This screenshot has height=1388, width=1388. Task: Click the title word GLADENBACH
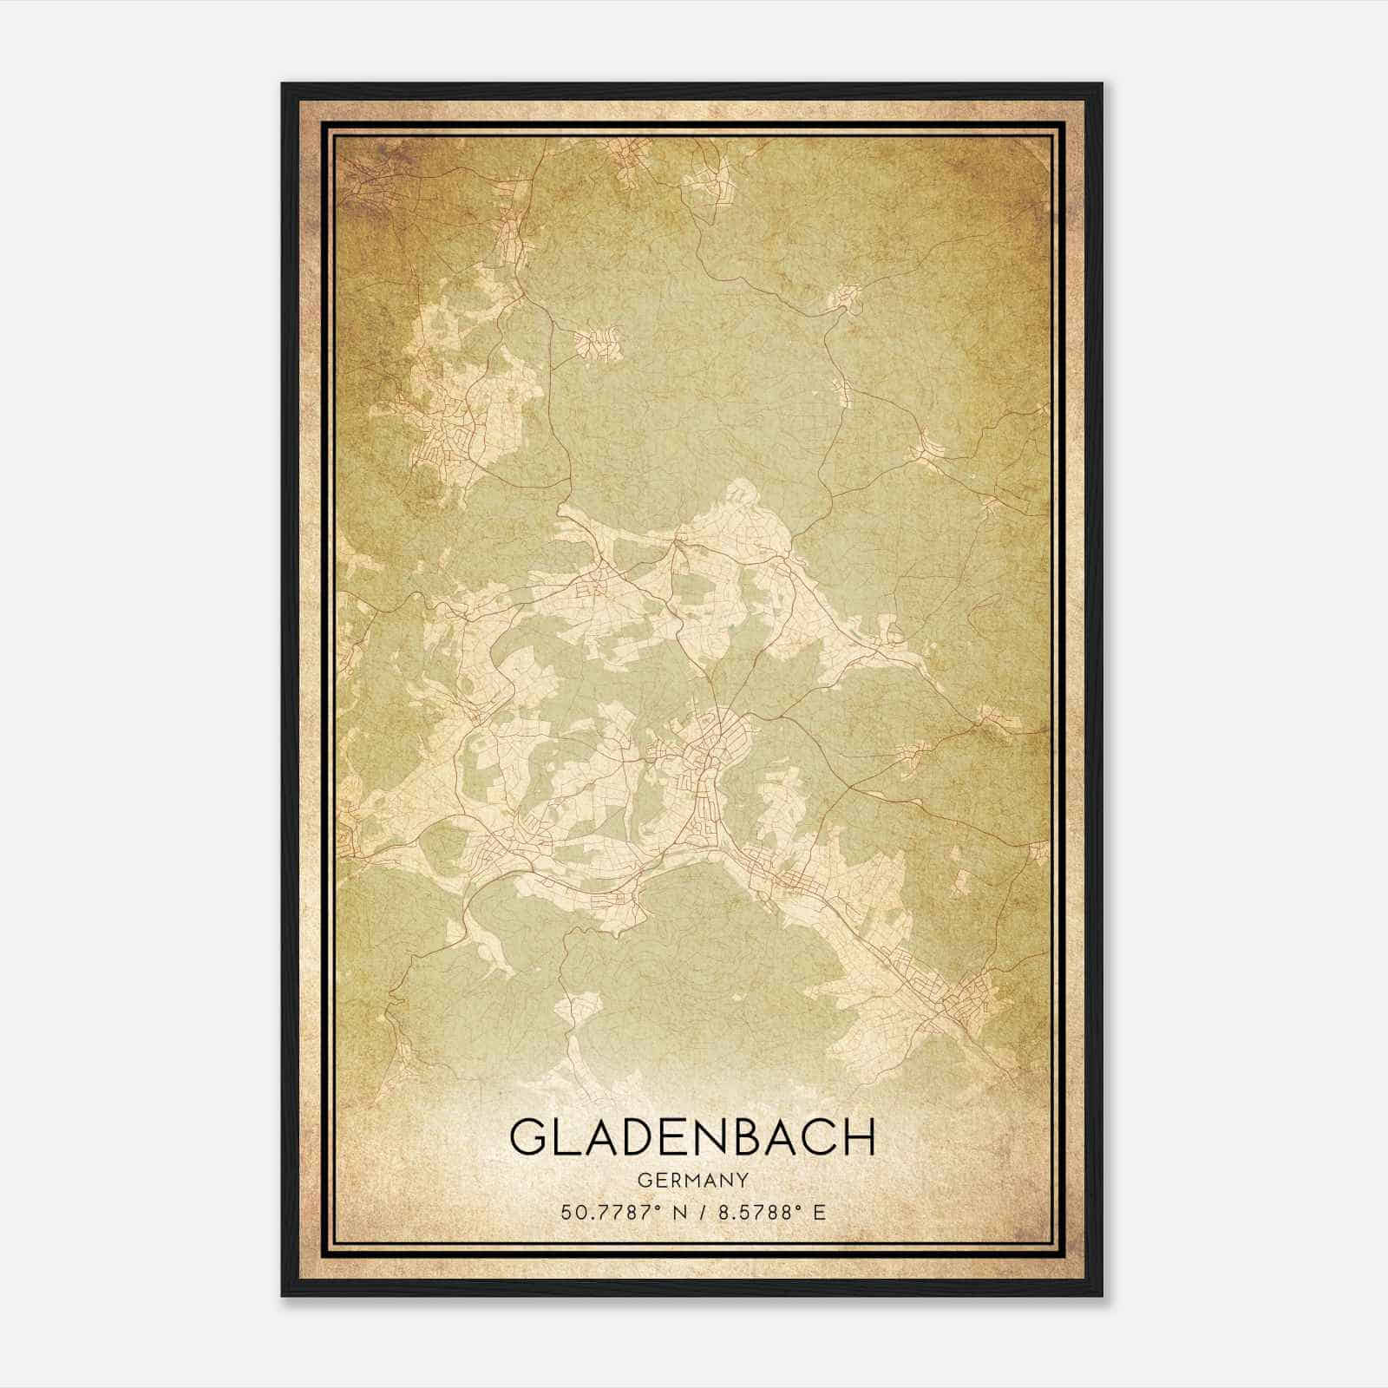click(692, 1137)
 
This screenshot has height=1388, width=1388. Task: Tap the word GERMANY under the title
click(692, 1180)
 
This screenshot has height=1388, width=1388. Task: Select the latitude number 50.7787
click(605, 1212)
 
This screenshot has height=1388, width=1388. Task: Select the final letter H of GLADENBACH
click(859, 1137)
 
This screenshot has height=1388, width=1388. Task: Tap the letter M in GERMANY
click(691, 1180)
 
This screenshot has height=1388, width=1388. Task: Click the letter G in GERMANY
click(642, 1180)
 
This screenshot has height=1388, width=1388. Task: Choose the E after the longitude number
click(819, 1212)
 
